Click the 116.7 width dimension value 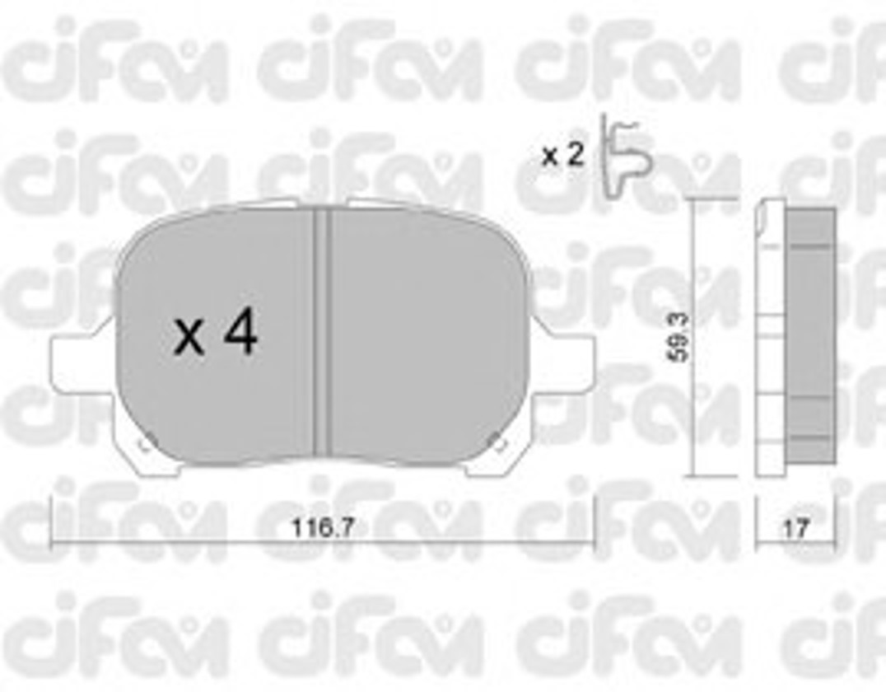(322, 529)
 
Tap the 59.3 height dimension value (678, 338)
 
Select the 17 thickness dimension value (795, 530)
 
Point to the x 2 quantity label (562, 155)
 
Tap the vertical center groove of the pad (322, 333)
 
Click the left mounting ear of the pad (82, 362)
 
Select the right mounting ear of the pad (563, 362)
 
